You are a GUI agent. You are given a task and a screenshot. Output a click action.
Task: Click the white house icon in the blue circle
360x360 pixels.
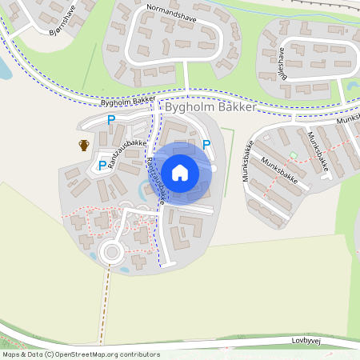click(x=180, y=172)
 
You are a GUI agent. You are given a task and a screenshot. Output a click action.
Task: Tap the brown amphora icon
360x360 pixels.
click(x=84, y=145)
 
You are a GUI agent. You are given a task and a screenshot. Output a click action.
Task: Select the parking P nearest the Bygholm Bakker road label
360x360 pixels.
click(x=111, y=120)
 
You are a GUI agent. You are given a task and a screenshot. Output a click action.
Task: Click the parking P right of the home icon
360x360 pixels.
click(x=206, y=145)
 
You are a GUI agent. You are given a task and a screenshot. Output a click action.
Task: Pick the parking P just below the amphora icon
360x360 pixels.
click(x=102, y=166)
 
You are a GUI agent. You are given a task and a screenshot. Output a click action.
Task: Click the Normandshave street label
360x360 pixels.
click(x=170, y=12)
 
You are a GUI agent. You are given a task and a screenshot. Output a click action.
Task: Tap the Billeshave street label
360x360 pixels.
click(x=282, y=60)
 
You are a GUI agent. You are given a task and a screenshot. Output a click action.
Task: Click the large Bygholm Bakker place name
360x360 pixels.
click(x=210, y=106)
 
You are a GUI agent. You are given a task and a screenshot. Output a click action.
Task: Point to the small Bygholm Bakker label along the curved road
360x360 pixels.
click(x=127, y=102)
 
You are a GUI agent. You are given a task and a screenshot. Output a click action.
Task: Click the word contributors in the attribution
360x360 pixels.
click(x=138, y=354)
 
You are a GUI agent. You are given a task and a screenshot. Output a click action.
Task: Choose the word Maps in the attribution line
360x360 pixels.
click(x=11, y=354)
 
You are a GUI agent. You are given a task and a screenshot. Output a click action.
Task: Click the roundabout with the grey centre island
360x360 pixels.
click(x=110, y=254)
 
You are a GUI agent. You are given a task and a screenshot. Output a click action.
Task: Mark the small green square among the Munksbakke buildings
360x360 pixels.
click(x=293, y=154)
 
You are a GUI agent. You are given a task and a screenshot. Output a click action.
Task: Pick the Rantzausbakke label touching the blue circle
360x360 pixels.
click(x=155, y=180)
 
